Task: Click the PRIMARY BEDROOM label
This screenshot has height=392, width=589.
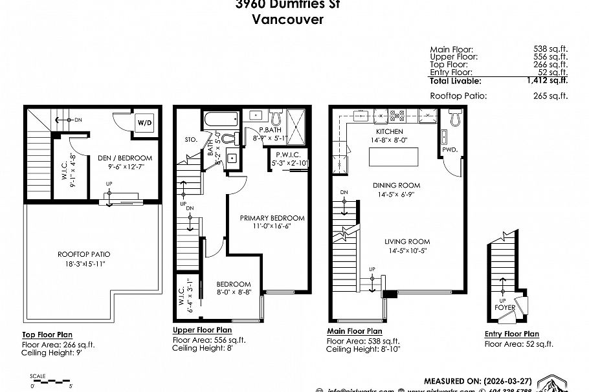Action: (272, 218)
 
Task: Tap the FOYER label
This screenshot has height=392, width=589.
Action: (505, 308)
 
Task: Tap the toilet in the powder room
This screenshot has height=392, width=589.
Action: (454, 117)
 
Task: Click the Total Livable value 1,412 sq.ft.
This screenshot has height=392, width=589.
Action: (547, 81)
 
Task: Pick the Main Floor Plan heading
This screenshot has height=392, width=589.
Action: (354, 331)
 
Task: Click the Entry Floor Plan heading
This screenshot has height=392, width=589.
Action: (511, 334)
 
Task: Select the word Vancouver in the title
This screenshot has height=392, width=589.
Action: (287, 19)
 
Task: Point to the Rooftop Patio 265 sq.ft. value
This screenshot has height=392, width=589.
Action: (547, 96)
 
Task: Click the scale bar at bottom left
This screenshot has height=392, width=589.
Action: (52, 382)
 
